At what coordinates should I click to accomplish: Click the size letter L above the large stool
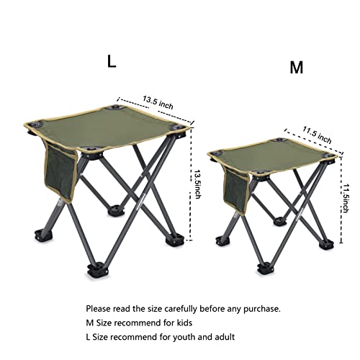click(x=112, y=61)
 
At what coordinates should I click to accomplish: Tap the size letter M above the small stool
click(x=296, y=68)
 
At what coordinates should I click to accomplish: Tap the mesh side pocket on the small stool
click(x=235, y=189)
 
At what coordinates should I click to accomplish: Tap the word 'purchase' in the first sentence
click(x=260, y=308)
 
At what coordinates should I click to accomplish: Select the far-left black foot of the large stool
click(x=34, y=235)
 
